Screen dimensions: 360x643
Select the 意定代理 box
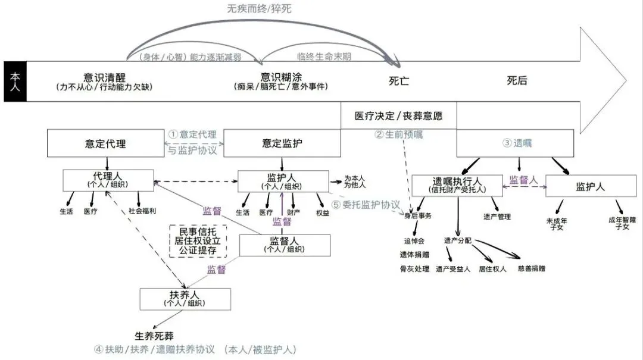pyautogui.click(x=105, y=144)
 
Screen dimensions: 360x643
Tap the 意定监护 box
pyautogui.click(x=282, y=144)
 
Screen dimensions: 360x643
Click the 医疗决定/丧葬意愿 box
pyautogui.click(x=398, y=115)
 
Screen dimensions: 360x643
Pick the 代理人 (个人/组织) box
pyautogui.click(x=108, y=180)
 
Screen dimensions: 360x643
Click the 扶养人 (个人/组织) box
pyautogui.click(x=185, y=298)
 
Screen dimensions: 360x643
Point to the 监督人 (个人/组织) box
pyautogui.click(x=285, y=245)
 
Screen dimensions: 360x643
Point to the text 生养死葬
pyautogui.click(x=154, y=336)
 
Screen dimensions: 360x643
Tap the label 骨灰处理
pyautogui.click(x=414, y=269)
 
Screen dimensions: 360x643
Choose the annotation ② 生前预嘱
pyautogui.click(x=398, y=134)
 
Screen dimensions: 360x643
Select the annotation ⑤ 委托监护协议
pyautogui.click(x=366, y=205)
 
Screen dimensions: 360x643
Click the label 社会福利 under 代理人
pyautogui.click(x=141, y=211)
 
